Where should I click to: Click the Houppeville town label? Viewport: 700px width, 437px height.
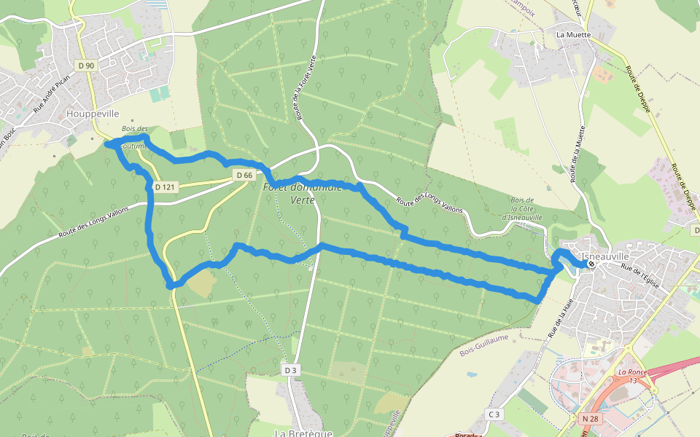pyautogui.click(x=92, y=114)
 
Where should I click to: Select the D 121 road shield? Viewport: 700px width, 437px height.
pyautogui.click(x=166, y=187)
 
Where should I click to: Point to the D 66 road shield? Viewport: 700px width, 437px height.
pyautogui.click(x=244, y=175)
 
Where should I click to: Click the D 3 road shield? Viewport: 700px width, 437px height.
pyautogui.click(x=291, y=370)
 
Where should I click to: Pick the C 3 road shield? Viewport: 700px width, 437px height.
pyautogui.click(x=494, y=414)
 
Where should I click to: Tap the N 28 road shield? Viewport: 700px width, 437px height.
pyautogui.click(x=590, y=418)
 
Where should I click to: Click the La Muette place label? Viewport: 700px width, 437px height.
pyautogui.click(x=572, y=34)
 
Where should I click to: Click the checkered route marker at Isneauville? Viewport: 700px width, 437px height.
pyautogui.click(x=591, y=264)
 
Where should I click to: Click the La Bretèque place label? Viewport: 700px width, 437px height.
pyautogui.click(x=299, y=433)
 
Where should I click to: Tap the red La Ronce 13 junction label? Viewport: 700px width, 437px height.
pyautogui.click(x=628, y=376)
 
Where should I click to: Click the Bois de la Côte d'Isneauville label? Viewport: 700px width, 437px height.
pyautogui.click(x=523, y=208)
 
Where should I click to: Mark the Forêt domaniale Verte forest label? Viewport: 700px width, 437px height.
pyautogui.click(x=302, y=193)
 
